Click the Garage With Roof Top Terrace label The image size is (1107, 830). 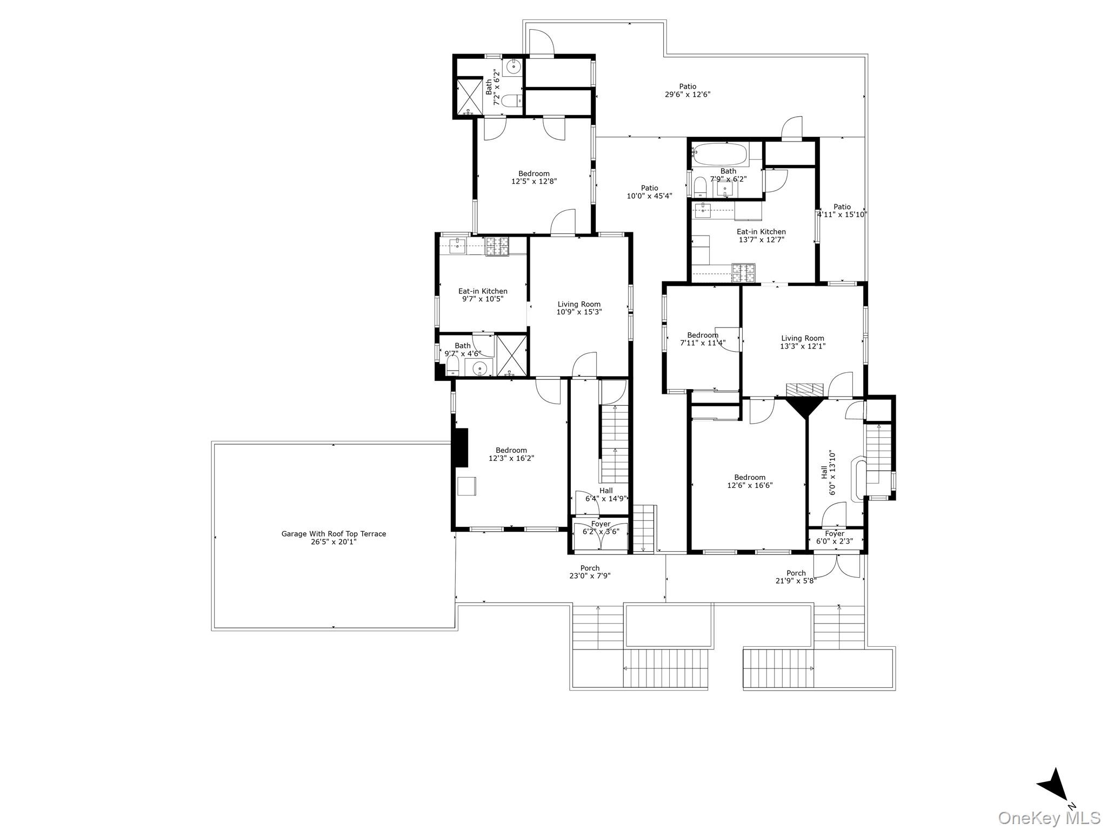coord(334,538)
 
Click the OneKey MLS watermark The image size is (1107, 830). coord(1049,818)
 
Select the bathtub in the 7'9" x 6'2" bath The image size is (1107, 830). coord(721,153)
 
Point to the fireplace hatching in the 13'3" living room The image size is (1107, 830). coord(804,390)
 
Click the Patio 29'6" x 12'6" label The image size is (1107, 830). coord(687,90)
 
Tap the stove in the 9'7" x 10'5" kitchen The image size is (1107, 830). coord(497,247)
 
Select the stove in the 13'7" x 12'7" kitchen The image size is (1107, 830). coord(743,272)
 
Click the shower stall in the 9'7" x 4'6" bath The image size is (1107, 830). coord(511,355)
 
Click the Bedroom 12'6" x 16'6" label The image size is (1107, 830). coord(750,481)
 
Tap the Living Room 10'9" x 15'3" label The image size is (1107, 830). coord(579,308)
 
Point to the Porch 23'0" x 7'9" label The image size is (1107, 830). coord(590,572)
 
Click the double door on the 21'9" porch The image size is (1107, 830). coord(836,566)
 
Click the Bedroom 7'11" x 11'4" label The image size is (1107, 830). coord(702,339)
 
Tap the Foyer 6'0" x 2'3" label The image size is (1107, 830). coord(834,537)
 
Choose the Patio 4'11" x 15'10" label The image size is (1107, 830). coord(842,210)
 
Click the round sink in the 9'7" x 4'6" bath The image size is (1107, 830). coord(479,369)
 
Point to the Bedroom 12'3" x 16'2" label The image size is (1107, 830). coord(511,454)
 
